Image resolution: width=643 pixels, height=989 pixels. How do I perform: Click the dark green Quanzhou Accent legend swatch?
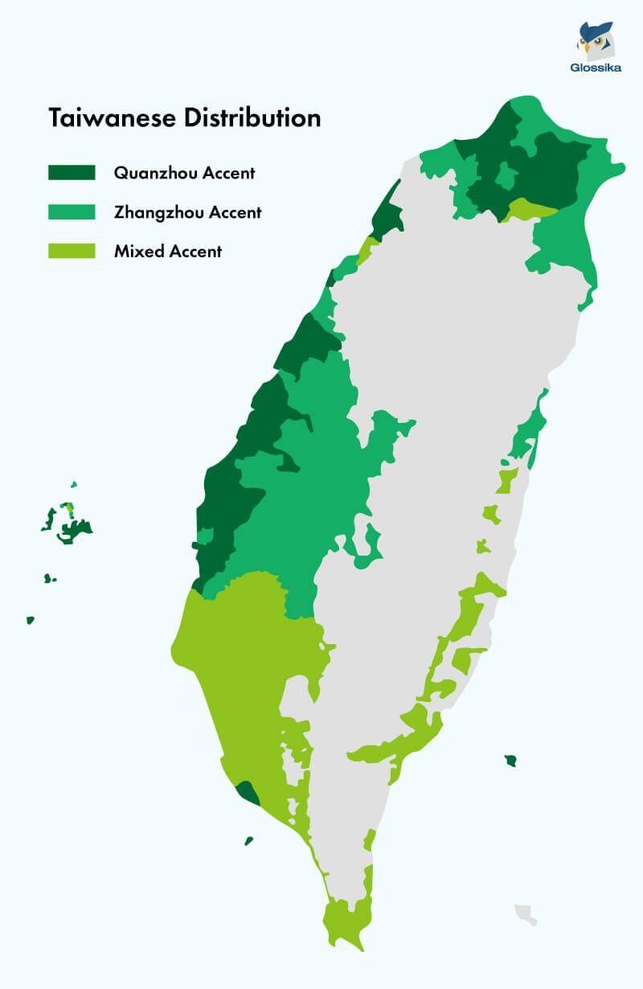72,172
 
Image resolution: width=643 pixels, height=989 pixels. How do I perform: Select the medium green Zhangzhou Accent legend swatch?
72,212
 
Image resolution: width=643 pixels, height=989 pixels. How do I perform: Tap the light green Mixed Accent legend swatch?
72,251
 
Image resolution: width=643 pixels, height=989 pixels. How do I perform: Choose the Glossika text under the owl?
596,68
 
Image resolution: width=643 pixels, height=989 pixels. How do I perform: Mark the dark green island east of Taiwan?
510,760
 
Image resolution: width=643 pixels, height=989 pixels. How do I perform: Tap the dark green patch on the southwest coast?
248,793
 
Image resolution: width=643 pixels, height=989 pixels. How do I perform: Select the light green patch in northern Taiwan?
530,210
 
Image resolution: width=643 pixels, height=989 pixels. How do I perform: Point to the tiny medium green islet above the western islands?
73,485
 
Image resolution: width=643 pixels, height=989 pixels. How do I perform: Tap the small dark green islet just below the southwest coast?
249,841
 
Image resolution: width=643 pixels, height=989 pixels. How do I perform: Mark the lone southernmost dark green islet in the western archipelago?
31,620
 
